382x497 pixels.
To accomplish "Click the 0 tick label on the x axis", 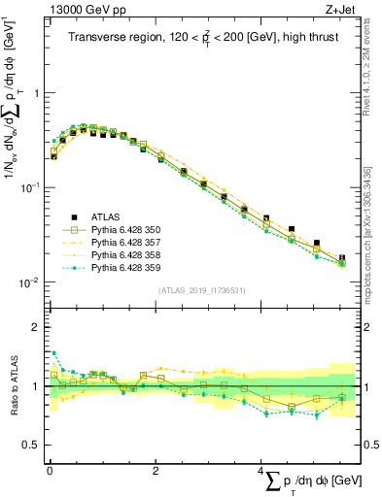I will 49,470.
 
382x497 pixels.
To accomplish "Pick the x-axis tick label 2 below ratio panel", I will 156,470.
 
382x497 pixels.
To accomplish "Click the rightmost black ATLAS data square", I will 341,258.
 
